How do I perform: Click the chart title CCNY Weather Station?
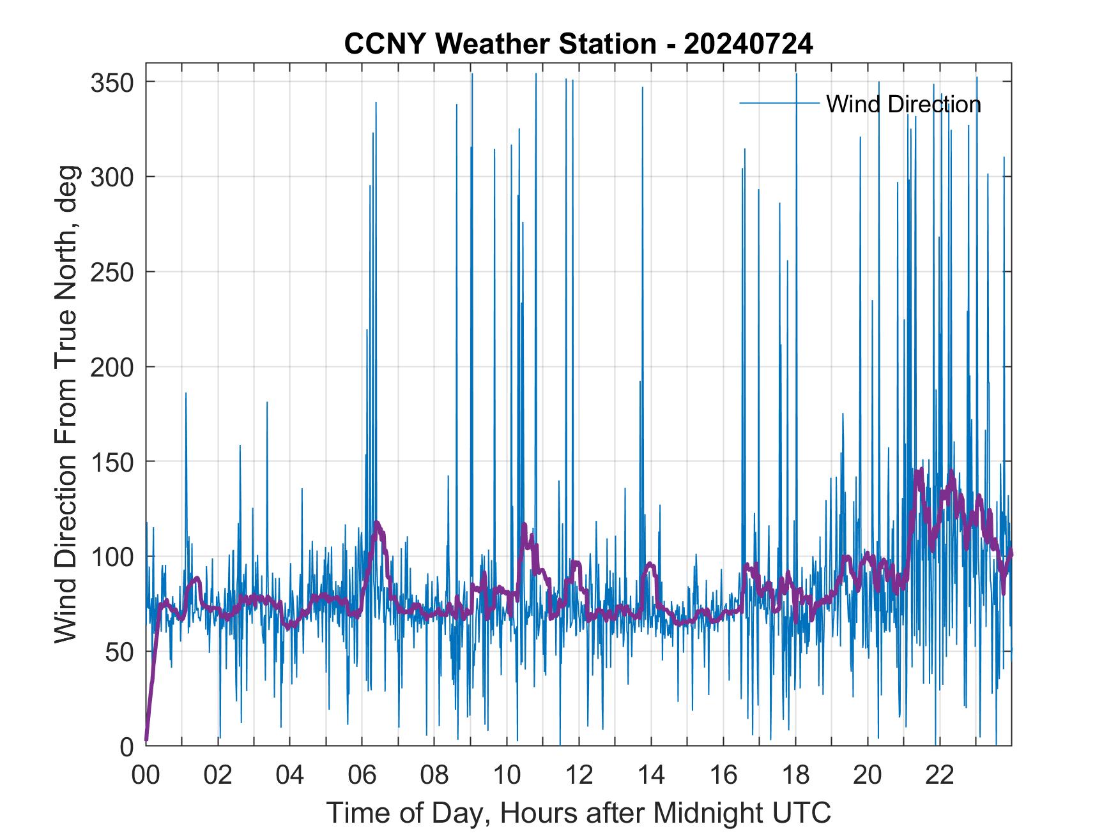pos(500,44)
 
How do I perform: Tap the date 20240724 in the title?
pos(748,44)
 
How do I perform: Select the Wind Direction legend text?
pos(903,104)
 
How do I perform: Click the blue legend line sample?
pos(779,103)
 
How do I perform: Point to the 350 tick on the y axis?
pos(112,82)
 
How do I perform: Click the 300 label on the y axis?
pos(112,177)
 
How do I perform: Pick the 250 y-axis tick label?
pos(112,272)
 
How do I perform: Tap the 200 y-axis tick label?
pos(112,367)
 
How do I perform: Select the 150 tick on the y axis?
pos(112,461)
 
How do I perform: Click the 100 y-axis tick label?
pos(112,557)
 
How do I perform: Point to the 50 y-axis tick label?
pos(119,652)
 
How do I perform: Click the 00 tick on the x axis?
pos(146,775)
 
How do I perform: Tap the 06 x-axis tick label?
pos(362,775)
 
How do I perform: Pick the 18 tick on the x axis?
pos(795,775)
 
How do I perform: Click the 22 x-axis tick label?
pos(940,775)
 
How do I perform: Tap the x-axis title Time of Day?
pos(578,813)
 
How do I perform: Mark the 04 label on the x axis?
pos(290,775)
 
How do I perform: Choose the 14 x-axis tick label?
pos(651,775)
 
